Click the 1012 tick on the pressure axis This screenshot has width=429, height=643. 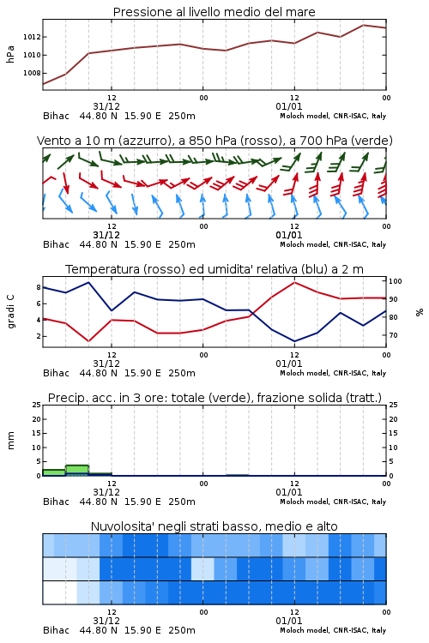tap(32, 37)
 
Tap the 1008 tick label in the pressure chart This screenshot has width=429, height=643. tap(32, 73)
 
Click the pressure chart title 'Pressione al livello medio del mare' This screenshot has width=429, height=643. tap(214, 12)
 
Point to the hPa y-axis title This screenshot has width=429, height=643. tap(10, 54)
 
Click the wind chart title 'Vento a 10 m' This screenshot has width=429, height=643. tap(214, 141)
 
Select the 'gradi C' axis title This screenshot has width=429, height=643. tap(10, 311)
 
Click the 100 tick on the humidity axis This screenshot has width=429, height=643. tap(396, 281)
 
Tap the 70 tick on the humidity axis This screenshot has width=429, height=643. tap(393, 335)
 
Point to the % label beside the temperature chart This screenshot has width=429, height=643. tap(420, 312)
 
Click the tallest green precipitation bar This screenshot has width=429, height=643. tap(77, 471)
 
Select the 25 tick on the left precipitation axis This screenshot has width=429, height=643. tap(37, 405)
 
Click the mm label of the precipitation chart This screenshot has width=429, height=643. tap(10, 441)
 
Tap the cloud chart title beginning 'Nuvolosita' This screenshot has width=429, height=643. tap(214, 526)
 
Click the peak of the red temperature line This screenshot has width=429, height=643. tap(294, 282)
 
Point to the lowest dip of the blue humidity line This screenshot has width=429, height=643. tap(294, 341)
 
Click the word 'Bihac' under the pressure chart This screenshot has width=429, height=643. tap(57, 116)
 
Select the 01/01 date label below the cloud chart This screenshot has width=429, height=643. tap(289, 621)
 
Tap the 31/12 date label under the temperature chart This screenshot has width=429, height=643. tap(106, 364)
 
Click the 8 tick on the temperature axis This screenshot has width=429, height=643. tap(39, 287)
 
